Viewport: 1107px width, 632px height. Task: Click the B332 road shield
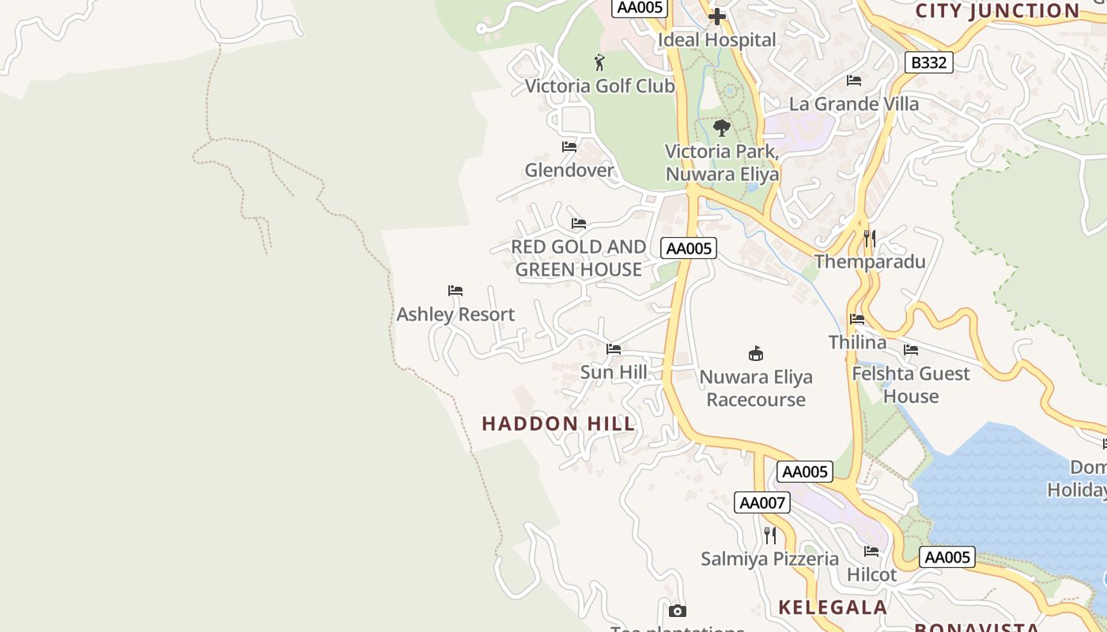click(x=928, y=62)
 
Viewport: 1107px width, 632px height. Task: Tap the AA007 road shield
click(x=761, y=502)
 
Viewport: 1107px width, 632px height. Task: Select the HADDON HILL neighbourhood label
click(x=558, y=423)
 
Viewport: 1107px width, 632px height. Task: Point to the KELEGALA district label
click(x=833, y=607)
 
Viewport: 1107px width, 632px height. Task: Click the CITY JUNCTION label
click(x=997, y=10)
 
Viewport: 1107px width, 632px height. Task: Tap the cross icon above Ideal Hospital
click(x=717, y=17)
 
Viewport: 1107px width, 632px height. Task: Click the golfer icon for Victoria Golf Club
click(x=599, y=62)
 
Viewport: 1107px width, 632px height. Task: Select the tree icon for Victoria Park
click(x=721, y=127)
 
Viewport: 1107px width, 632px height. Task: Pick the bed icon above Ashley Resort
click(x=455, y=291)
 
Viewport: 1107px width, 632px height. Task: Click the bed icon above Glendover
click(x=569, y=147)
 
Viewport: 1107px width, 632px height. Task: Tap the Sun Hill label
click(x=614, y=372)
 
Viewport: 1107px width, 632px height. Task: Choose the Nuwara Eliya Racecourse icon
click(x=756, y=353)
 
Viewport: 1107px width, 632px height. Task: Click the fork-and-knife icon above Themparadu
click(x=870, y=238)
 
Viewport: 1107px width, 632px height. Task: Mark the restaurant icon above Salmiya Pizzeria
click(x=770, y=536)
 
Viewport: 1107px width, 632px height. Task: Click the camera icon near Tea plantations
click(x=678, y=611)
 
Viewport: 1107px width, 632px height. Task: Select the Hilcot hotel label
click(x=871, y=574)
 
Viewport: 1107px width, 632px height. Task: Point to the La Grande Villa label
click(x=854, y=103)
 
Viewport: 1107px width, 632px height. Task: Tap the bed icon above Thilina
click(x=857, y=319)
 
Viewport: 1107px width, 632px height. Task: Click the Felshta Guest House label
click(x=911, y=385)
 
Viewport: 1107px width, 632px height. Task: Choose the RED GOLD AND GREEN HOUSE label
click(x=578, y=258)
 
